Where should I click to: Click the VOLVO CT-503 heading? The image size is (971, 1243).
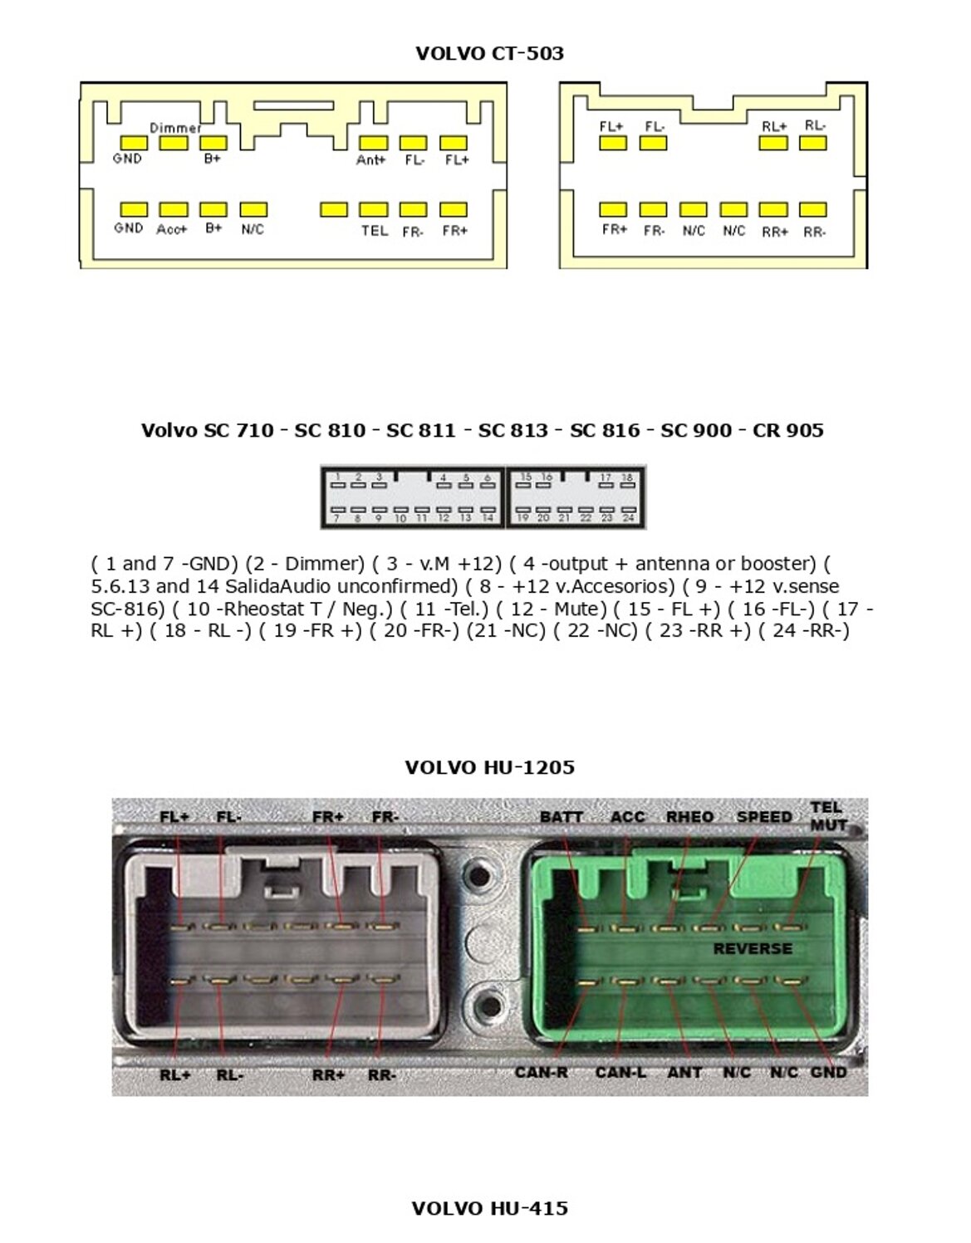[x=489, y=54]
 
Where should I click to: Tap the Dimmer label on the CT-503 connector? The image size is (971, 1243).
[x=174, y=128]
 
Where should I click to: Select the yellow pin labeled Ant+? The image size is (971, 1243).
[x=373, y=144]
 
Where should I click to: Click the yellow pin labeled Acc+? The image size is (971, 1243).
[x=174, y=210]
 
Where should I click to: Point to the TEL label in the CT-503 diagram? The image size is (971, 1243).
[x=374, y=230]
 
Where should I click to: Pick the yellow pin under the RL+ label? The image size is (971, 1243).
[x=773, y=143]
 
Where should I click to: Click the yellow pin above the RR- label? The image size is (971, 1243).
[x=813, y=210]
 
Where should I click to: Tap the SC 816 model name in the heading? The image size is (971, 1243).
[x=605, y=430]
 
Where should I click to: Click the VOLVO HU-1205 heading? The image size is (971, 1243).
[x=489, y=767]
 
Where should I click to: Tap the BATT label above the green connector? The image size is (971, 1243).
[x=562, y=817]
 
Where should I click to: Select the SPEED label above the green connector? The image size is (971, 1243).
[x=764, y=817]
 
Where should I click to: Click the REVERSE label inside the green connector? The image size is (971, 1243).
[x=753, y=948]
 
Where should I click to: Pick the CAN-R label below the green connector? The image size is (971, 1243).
[x=541, y=1072]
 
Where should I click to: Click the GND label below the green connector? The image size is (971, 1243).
[x=828, y=1072]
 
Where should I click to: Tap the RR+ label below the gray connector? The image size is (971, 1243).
[x=329, y=1075]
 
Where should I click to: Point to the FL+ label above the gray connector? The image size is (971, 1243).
[x=175, y=817]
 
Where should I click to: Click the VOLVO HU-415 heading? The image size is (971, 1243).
[x=489, y=1208]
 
